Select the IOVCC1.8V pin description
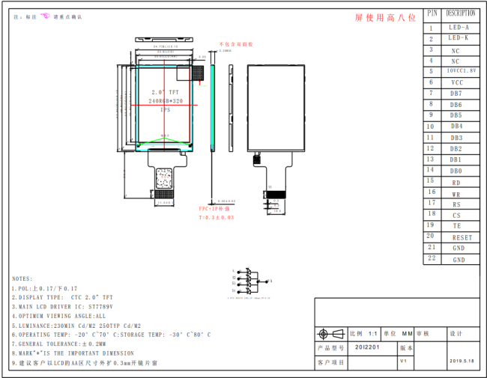(x=459, y=70)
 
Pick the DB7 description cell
(x=456, y=93)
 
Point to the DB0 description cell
(x=456, y=171)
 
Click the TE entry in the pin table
(x=457, y=225)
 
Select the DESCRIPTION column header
(x=460, y=13)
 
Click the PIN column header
(x=432, y=13)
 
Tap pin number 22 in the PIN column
(x=431, y=258)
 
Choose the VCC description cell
(x=457, y=82)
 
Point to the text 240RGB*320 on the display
(x=166, y=100)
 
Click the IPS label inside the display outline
(x=166, y=110)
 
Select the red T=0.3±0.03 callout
(x=216, y=217)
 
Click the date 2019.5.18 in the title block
(x=462, y=360)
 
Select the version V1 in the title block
(x=403, y=360)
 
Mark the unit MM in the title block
(x=408, y=334)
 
